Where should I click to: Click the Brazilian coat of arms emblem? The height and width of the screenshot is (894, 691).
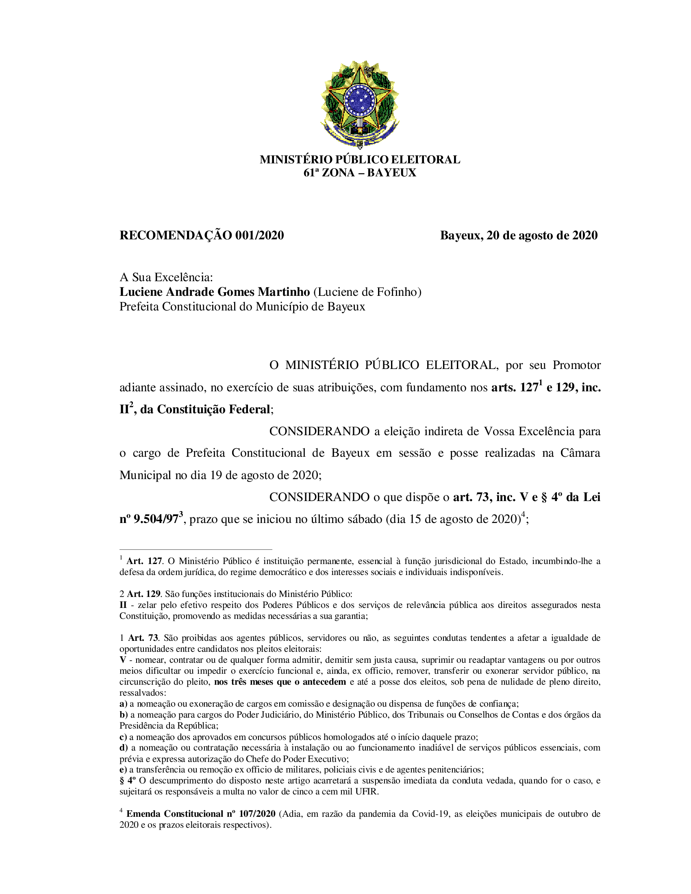coord(359,104)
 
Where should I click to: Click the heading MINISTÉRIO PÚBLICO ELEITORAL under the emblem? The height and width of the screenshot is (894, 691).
coord(359,160)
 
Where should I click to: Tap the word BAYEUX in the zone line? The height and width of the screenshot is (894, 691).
coord(391,173)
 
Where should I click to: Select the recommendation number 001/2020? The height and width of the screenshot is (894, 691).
coord(259,235)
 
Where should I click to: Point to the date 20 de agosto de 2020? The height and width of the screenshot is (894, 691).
coord(542,235)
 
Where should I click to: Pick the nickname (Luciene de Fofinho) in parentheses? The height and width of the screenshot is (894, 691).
coord(367,292)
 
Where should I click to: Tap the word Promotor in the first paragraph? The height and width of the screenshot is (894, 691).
coord(576,365)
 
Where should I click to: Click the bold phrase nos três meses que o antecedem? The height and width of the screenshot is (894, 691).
coord(280,682)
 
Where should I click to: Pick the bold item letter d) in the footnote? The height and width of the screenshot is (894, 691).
coord(124,748)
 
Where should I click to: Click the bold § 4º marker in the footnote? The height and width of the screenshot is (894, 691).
coord(127,781)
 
